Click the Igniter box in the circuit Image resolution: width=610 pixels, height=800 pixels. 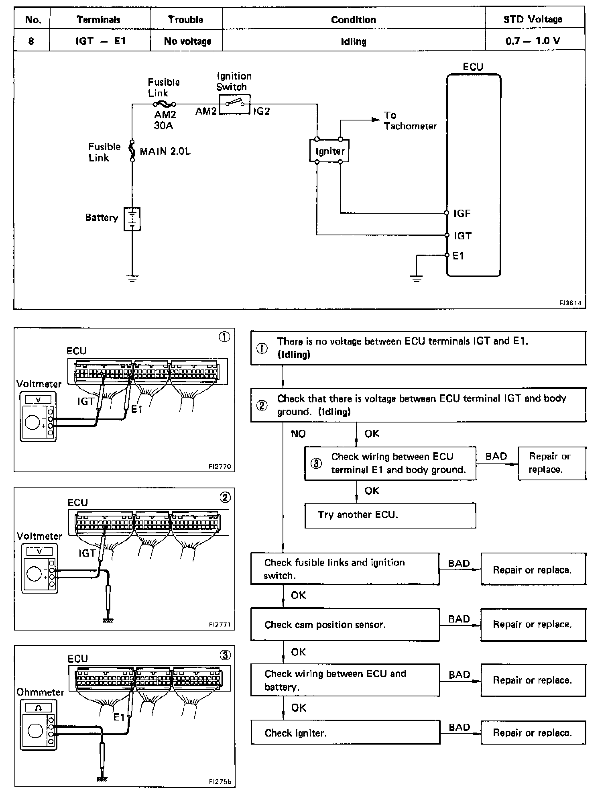(329, 151)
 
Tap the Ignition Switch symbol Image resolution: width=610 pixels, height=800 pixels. (235, 104)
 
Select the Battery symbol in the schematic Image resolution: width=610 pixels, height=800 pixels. (132, 219)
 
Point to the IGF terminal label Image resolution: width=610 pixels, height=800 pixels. (462, 213)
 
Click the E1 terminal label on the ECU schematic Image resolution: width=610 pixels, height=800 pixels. (458, 256)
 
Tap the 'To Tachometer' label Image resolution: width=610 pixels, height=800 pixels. (410, 121)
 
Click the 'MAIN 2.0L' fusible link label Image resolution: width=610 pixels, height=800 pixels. (165, 151)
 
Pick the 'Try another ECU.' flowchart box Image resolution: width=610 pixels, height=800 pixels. (390, 515)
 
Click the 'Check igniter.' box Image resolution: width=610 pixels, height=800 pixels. (346, 733)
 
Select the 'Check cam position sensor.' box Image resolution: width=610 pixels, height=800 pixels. (345, 624)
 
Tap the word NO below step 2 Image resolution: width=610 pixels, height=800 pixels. (298, 434)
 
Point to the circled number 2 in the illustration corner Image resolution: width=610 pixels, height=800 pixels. (225, 498)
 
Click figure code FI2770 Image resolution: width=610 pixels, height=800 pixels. (220, 467)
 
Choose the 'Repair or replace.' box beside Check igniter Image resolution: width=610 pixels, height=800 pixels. (533, 733)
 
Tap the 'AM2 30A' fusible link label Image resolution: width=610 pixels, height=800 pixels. (165, 120)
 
